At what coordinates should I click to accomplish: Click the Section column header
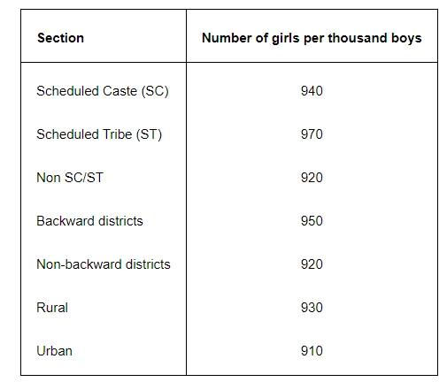pos(60,38)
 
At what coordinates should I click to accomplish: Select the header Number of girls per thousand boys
pos(312,38)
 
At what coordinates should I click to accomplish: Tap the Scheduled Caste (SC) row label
pos(102,91)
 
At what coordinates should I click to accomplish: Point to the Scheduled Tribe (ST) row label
pos(99,134)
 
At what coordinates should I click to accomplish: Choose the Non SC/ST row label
pos(70,178)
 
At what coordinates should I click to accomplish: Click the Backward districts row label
pos(89,221)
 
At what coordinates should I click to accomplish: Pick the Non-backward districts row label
pos(104,264)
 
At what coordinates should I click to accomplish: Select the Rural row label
pos(52,308)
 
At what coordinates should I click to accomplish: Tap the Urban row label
pos(54,351)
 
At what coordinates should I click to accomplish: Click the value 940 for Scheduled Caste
pos(312,91)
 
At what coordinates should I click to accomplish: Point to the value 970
pos(312,134)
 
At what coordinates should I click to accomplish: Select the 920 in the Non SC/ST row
pos(312,178)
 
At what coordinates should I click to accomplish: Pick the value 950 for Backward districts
pos(312,221)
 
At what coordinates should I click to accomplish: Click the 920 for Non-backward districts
pos(312,264)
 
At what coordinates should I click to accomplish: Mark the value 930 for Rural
pos(312,308)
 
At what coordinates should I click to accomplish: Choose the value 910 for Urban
pos(312,351)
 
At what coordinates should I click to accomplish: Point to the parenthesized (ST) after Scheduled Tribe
pos(150,134)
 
